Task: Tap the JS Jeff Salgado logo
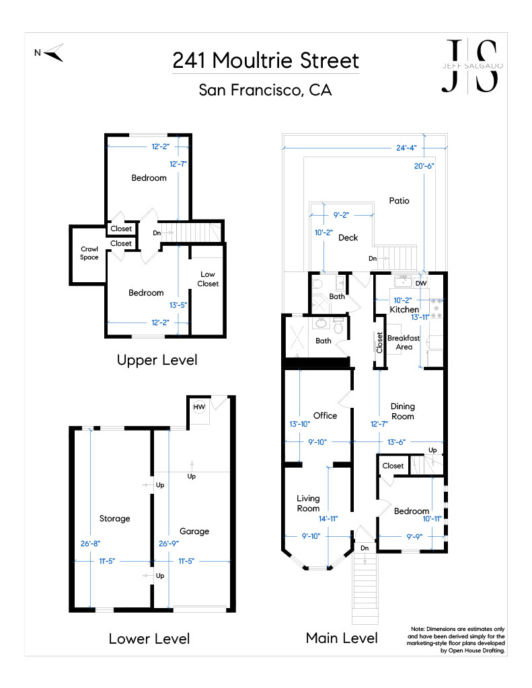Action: (472, 66)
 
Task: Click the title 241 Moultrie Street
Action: (266, 60)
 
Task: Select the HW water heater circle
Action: (199, 406)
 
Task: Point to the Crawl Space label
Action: (89, 253)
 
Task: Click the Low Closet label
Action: (208, 279)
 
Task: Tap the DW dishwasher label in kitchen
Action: (421, 283)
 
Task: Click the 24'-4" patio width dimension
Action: (406, 148)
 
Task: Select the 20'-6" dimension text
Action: (424, 166)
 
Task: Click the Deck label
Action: (348, 237)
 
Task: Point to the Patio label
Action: (399, 200)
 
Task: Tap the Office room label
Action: (325, 415)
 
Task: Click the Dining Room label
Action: (402, 411)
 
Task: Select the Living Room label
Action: (308, 503)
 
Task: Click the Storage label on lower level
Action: (114, 519)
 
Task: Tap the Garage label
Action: (194, 531)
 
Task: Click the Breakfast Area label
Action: (404, 342)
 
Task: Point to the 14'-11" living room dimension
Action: (328, 519)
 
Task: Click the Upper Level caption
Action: (157, 360)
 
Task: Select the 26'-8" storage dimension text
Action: (90, 544)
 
